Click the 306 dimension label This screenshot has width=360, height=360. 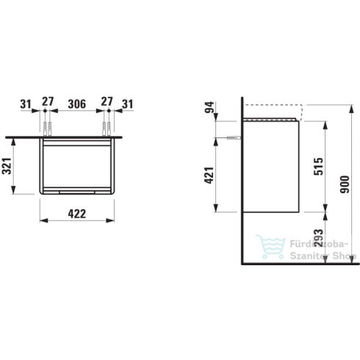pyautogui.click(x=77, y=104)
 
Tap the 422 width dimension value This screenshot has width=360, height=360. pyautogui.click(x=77, y=214)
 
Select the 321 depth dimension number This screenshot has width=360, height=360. pyautogui.click(x=7, y=166)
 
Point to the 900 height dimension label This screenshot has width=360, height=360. pyautogui.click(x=345, y=184)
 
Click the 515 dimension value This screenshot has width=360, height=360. pyautogui.click(x=318, y=167)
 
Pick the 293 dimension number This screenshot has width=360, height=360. pyautogui.click(x=318, y=237)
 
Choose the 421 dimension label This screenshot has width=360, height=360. pyautogui.click(x=209, y=175)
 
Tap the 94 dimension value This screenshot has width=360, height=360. pyautogui.click(x=209, y=107)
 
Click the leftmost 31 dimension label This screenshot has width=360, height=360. pyautogui.click(x=26, y=104)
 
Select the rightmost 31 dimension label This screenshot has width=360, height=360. pyautogui.click(x=128, y=104)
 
